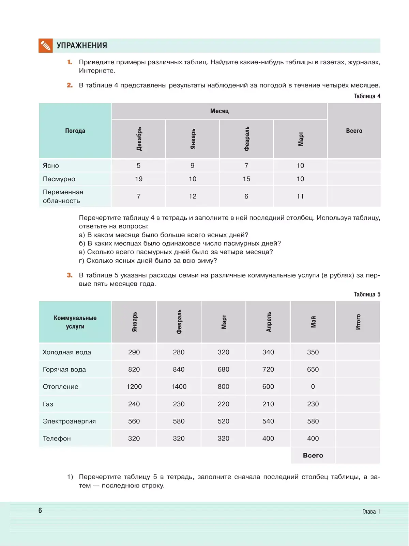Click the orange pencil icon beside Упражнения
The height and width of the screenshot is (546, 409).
coord(46,46)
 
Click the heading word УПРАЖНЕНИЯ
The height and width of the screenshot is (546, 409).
coord(82,46)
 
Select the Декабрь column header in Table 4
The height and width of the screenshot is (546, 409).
coord(139,139)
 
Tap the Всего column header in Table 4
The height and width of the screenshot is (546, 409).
coord(354,131)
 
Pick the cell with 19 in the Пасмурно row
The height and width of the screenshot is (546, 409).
coord(139,179)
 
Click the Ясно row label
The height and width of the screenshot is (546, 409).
coord(51,166)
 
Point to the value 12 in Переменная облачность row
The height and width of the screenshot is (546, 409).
coord(193,196)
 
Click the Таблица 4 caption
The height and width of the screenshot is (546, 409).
coord(367,96)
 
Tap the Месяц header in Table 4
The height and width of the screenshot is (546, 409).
coord(219,111)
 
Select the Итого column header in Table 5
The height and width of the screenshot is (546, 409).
coord(358,322)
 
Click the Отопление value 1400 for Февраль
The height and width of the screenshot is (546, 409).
coord(179,387)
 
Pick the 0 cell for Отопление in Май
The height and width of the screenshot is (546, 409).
coord(313,387)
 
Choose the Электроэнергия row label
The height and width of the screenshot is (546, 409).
coord(69,421)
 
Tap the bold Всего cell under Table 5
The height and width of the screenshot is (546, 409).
coord(313,455)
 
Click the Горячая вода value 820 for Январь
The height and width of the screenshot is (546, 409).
coord(134,370)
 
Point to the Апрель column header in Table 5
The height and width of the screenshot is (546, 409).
coord(269,322)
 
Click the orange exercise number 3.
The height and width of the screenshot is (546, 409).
coord(70,275)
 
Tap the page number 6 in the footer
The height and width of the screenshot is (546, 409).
coord(40,510)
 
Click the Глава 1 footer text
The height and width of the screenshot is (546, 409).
coord(371,511)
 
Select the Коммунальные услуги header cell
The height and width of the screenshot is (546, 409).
coord(75,322)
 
